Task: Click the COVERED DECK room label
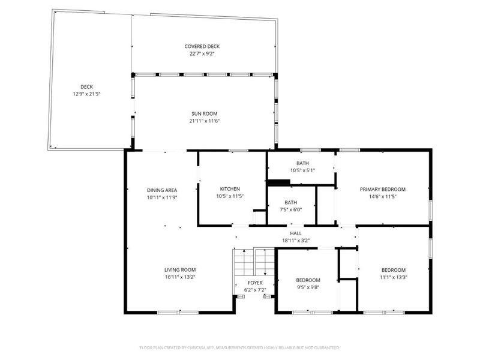pos(202,46)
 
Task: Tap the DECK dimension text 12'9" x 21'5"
pos(89,94)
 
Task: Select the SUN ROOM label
pos(205,113)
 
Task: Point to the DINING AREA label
pos(161,190)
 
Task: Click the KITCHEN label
pos(230,189)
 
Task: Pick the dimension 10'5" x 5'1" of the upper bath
pos(302,170)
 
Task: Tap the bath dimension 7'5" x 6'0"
pos(290,209)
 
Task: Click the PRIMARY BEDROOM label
pos(382,189)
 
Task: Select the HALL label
pos(296,233)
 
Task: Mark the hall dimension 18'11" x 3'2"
pos(296,240)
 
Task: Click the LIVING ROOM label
pos(180,270)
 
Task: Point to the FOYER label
pos(255,283)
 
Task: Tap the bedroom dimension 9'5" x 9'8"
pos(308,287)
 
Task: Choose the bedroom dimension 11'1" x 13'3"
pos(394,277)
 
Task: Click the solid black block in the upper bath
pos(278,183)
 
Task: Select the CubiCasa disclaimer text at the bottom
pos(240,347)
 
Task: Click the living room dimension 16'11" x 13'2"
pos(180,277)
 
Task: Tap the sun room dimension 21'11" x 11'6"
pos(205,121)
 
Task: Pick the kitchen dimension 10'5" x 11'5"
pos(230,196)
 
